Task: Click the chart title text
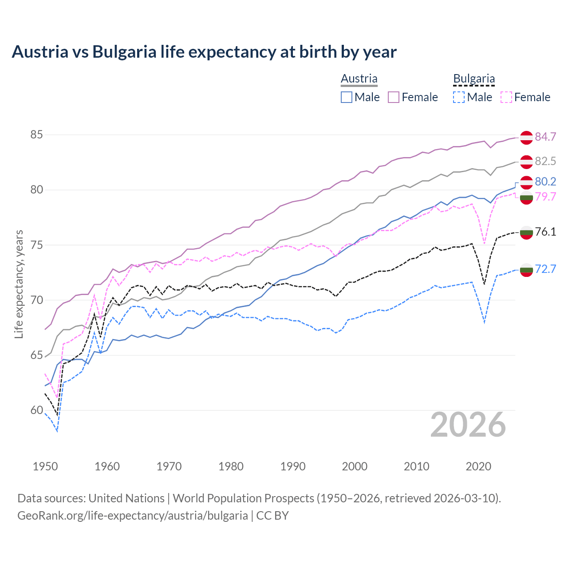pyautogui.click(x=204, y=52)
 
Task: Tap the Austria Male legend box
pyautogui.click(x=347, y=97)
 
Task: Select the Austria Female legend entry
pyautogui.click(x=413, y=97)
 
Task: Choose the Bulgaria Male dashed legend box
pyautogui.click(x=459, y=97)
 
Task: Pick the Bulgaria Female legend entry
pyautogui.click(x=525, y=97)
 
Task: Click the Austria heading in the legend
pyautogui.click(x=359, y=79)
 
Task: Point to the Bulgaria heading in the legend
pyautogui.click(x=474, y=79)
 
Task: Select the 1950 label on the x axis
pyautogui.click(x=45, y=466)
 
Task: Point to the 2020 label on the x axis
pyautogui.click(x=479, y=466)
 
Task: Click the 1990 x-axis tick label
pyautogui.click(x=293, y=466)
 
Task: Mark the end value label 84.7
pyautogui.click(x=545, y=137)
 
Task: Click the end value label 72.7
pyautogui.click(x=545, y=269)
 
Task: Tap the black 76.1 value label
pyautogui.click(x=545, y=232)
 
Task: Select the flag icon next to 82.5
pyautogui.click(x=526, y=162)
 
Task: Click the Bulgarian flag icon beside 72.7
pyautogui.click(x=526, y=270)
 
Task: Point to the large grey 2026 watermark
pyautogui.click(x=468, y=425)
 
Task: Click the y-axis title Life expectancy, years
pyautogui.click(x=19, y=284)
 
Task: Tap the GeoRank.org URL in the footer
pyautogui.click(x=133, y=516)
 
